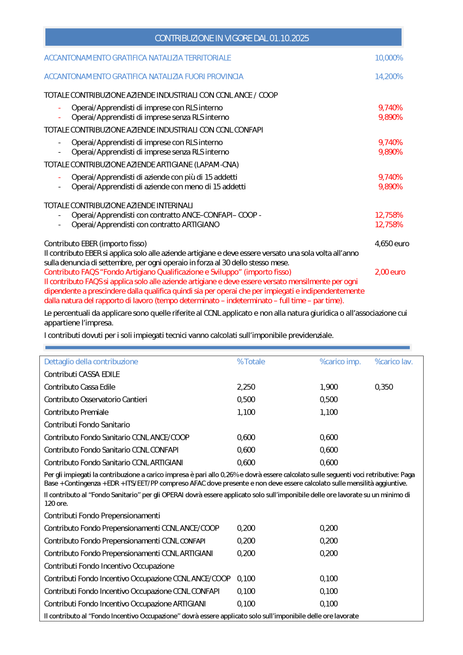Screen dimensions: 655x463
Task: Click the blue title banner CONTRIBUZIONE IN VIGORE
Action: (231, 38)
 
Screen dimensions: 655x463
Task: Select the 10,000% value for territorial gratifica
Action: (388, 58)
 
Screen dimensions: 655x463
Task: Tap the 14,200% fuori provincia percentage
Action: (388, 76)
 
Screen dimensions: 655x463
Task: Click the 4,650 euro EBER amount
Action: (392, 243)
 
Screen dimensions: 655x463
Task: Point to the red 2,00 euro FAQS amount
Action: (390, 272)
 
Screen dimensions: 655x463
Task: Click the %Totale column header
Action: (251, 362)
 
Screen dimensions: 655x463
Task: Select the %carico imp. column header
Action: (340, 362)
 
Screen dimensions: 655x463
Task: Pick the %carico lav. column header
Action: (394, 362)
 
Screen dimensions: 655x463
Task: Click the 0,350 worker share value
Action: (384, 387)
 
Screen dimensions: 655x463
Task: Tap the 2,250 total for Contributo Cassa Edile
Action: (246, 387)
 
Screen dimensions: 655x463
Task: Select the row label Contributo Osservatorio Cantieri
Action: (95, 399)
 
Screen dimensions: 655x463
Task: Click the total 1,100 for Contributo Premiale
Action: (246, 412)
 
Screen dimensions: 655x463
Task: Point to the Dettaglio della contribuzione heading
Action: (91, 362)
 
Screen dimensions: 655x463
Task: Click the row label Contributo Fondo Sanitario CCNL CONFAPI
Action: (111, 450)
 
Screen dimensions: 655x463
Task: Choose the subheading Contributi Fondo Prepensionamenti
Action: (102, 516)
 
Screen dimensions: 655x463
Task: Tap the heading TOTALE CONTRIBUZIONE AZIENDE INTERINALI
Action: (118, 206)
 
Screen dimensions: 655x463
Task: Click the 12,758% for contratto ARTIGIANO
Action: (388, 225)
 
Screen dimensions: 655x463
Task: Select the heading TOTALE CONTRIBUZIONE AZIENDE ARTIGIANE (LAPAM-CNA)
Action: (141, 165)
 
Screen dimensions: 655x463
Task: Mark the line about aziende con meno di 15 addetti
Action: (158, 187)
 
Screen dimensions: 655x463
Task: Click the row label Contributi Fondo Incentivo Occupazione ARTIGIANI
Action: (125, 604)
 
